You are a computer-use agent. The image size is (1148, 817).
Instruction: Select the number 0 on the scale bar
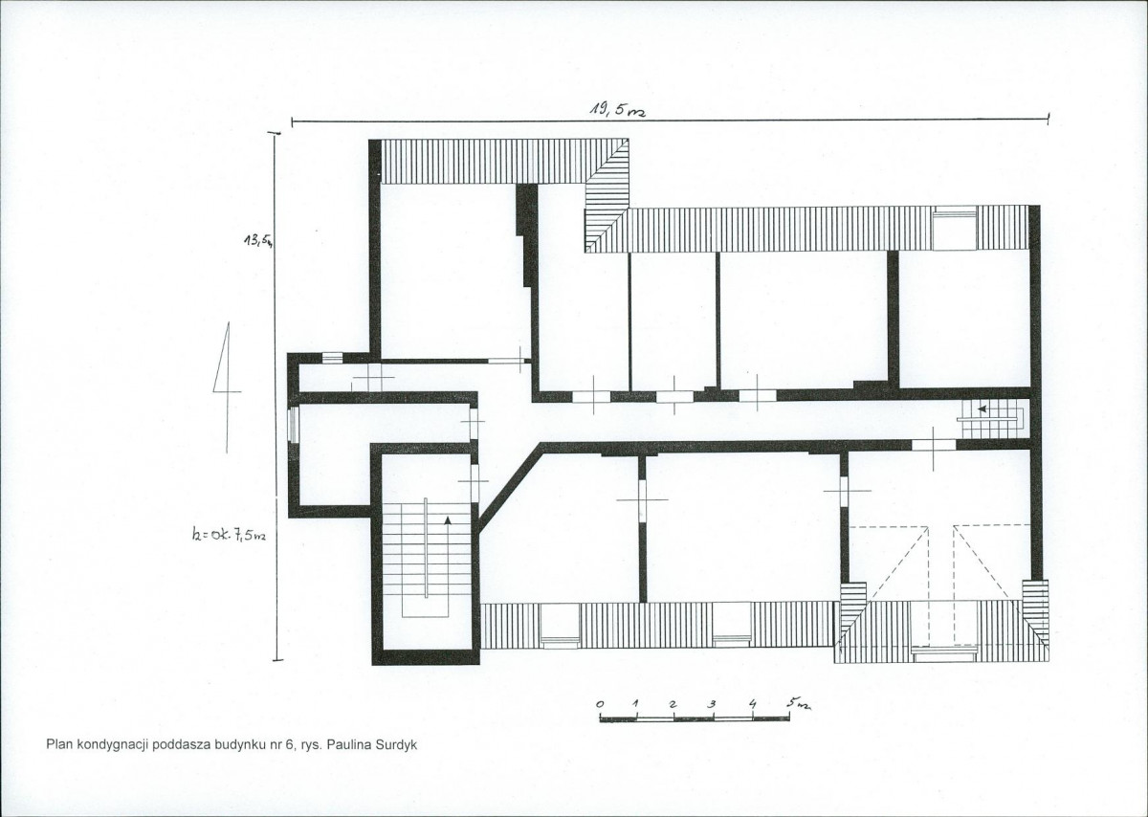600,704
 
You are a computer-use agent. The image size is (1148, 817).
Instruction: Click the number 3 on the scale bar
712,704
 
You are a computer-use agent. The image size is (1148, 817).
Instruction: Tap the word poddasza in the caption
176,745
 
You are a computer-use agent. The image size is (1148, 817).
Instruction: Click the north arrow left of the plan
227,387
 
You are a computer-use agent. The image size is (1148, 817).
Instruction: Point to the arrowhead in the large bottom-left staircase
448,519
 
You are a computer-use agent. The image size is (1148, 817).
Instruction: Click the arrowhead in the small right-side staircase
982,409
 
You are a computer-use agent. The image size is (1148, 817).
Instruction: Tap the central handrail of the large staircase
426,547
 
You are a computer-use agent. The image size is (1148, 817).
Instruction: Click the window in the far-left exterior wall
293,425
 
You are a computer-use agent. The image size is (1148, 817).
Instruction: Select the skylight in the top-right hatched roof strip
955,229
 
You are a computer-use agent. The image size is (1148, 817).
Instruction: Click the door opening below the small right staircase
934,445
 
